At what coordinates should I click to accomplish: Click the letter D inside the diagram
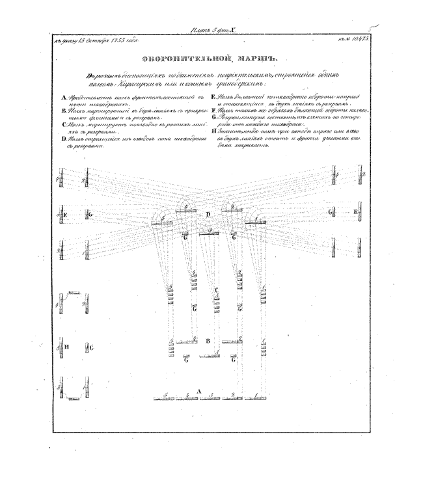coord(208,215)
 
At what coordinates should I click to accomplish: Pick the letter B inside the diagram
coord(208,340)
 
